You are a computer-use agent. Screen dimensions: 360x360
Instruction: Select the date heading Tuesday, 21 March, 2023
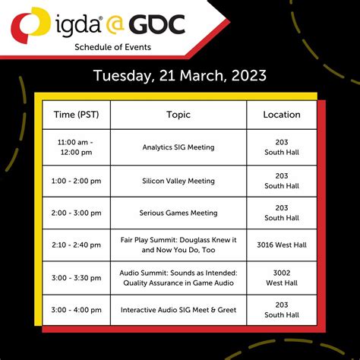coord(180,76)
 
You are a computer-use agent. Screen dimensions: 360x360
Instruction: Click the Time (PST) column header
coord(76,115)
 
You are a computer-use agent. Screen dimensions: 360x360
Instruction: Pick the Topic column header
coord(178,115)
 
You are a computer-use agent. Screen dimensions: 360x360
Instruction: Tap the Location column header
coord(282,115)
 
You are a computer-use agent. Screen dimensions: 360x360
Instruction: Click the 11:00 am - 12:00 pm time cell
coord(76,147)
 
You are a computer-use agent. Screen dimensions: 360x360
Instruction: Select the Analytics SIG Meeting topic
coord(178,147)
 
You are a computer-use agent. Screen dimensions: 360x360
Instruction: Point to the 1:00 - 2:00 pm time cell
coord(76,181)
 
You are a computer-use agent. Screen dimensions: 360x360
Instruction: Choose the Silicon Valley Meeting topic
coord(178,181)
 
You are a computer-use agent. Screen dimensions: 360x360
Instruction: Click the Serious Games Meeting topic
coord(178,213)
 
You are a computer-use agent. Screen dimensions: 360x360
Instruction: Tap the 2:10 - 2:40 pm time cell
coord(76,245)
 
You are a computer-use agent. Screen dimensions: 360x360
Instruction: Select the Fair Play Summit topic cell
coord(178,245)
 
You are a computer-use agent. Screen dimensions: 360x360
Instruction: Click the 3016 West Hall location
coord(282,245)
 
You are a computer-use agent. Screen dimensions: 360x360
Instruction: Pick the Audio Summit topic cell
coord(178,277)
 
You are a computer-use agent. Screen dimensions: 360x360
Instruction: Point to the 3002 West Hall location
coord(282,277)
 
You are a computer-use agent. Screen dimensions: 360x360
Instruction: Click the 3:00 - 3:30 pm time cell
coord(76,277)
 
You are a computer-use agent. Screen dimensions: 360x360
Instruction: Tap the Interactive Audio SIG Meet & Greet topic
coord(178,309)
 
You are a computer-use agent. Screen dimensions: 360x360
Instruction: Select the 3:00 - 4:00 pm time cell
coord(76,309)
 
